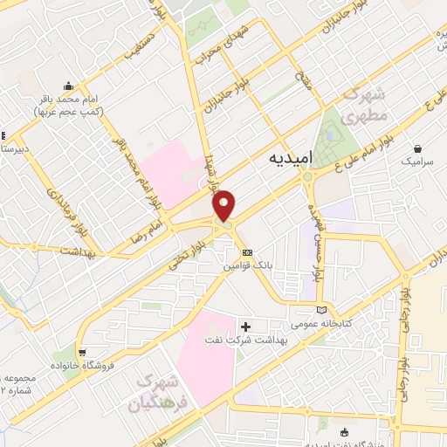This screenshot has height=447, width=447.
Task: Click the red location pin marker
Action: click(224, 204)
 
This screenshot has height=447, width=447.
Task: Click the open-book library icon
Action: click(324, 309)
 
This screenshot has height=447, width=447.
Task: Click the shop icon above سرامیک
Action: click(420, 148)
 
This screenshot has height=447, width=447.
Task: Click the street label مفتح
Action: click(301, 85)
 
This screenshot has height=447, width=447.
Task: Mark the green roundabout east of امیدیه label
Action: click(308, 179)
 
